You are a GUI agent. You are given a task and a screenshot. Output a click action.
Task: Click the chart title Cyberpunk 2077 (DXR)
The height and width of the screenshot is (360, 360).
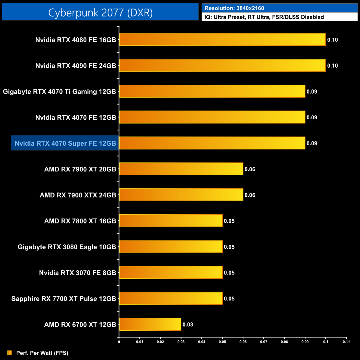[100, 13]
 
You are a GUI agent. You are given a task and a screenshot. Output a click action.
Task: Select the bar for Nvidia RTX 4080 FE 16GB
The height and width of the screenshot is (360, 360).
[222, 39]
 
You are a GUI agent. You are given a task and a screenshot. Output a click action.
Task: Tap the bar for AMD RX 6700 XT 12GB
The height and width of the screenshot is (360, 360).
[150, 324]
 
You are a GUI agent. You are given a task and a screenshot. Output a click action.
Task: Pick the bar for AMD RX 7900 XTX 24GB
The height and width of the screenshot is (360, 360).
[181, 195]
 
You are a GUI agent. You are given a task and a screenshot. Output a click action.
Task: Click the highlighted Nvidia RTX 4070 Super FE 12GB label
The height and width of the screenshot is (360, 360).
[65, 143]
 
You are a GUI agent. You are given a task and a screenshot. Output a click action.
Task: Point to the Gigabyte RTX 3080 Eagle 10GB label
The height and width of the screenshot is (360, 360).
[67, 247]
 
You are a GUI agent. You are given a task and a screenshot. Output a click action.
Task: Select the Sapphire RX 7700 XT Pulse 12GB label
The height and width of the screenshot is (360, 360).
[64, 299]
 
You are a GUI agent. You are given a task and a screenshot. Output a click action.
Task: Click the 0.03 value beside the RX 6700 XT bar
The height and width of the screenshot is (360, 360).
[188, 324]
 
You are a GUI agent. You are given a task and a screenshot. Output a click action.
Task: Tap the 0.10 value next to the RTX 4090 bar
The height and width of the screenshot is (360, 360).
[332, 66]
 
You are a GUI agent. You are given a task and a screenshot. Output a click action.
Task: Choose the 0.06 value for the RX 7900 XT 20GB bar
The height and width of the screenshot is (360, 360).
[250, 169]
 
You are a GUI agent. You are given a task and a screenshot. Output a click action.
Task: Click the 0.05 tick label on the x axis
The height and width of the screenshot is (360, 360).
[222, 342]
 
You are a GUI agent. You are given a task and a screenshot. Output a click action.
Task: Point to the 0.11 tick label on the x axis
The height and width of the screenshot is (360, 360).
[346, 342]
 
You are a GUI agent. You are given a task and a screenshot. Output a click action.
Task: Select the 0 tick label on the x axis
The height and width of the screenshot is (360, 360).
[119, 342]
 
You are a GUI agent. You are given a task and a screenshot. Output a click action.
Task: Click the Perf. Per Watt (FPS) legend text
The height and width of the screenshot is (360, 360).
[42, 353]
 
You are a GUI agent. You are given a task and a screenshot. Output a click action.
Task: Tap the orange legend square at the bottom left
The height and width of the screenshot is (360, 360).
[10, 353]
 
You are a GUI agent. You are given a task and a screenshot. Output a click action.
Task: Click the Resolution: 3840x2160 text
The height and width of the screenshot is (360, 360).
[234, 8]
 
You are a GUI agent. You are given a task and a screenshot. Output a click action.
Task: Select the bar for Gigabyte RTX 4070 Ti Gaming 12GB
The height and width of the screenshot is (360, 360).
[212, 91]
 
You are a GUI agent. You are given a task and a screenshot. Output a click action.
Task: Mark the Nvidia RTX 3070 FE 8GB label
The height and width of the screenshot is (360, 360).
[78, 273]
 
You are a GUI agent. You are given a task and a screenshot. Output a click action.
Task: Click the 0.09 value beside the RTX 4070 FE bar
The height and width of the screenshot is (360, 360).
[312, 117]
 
